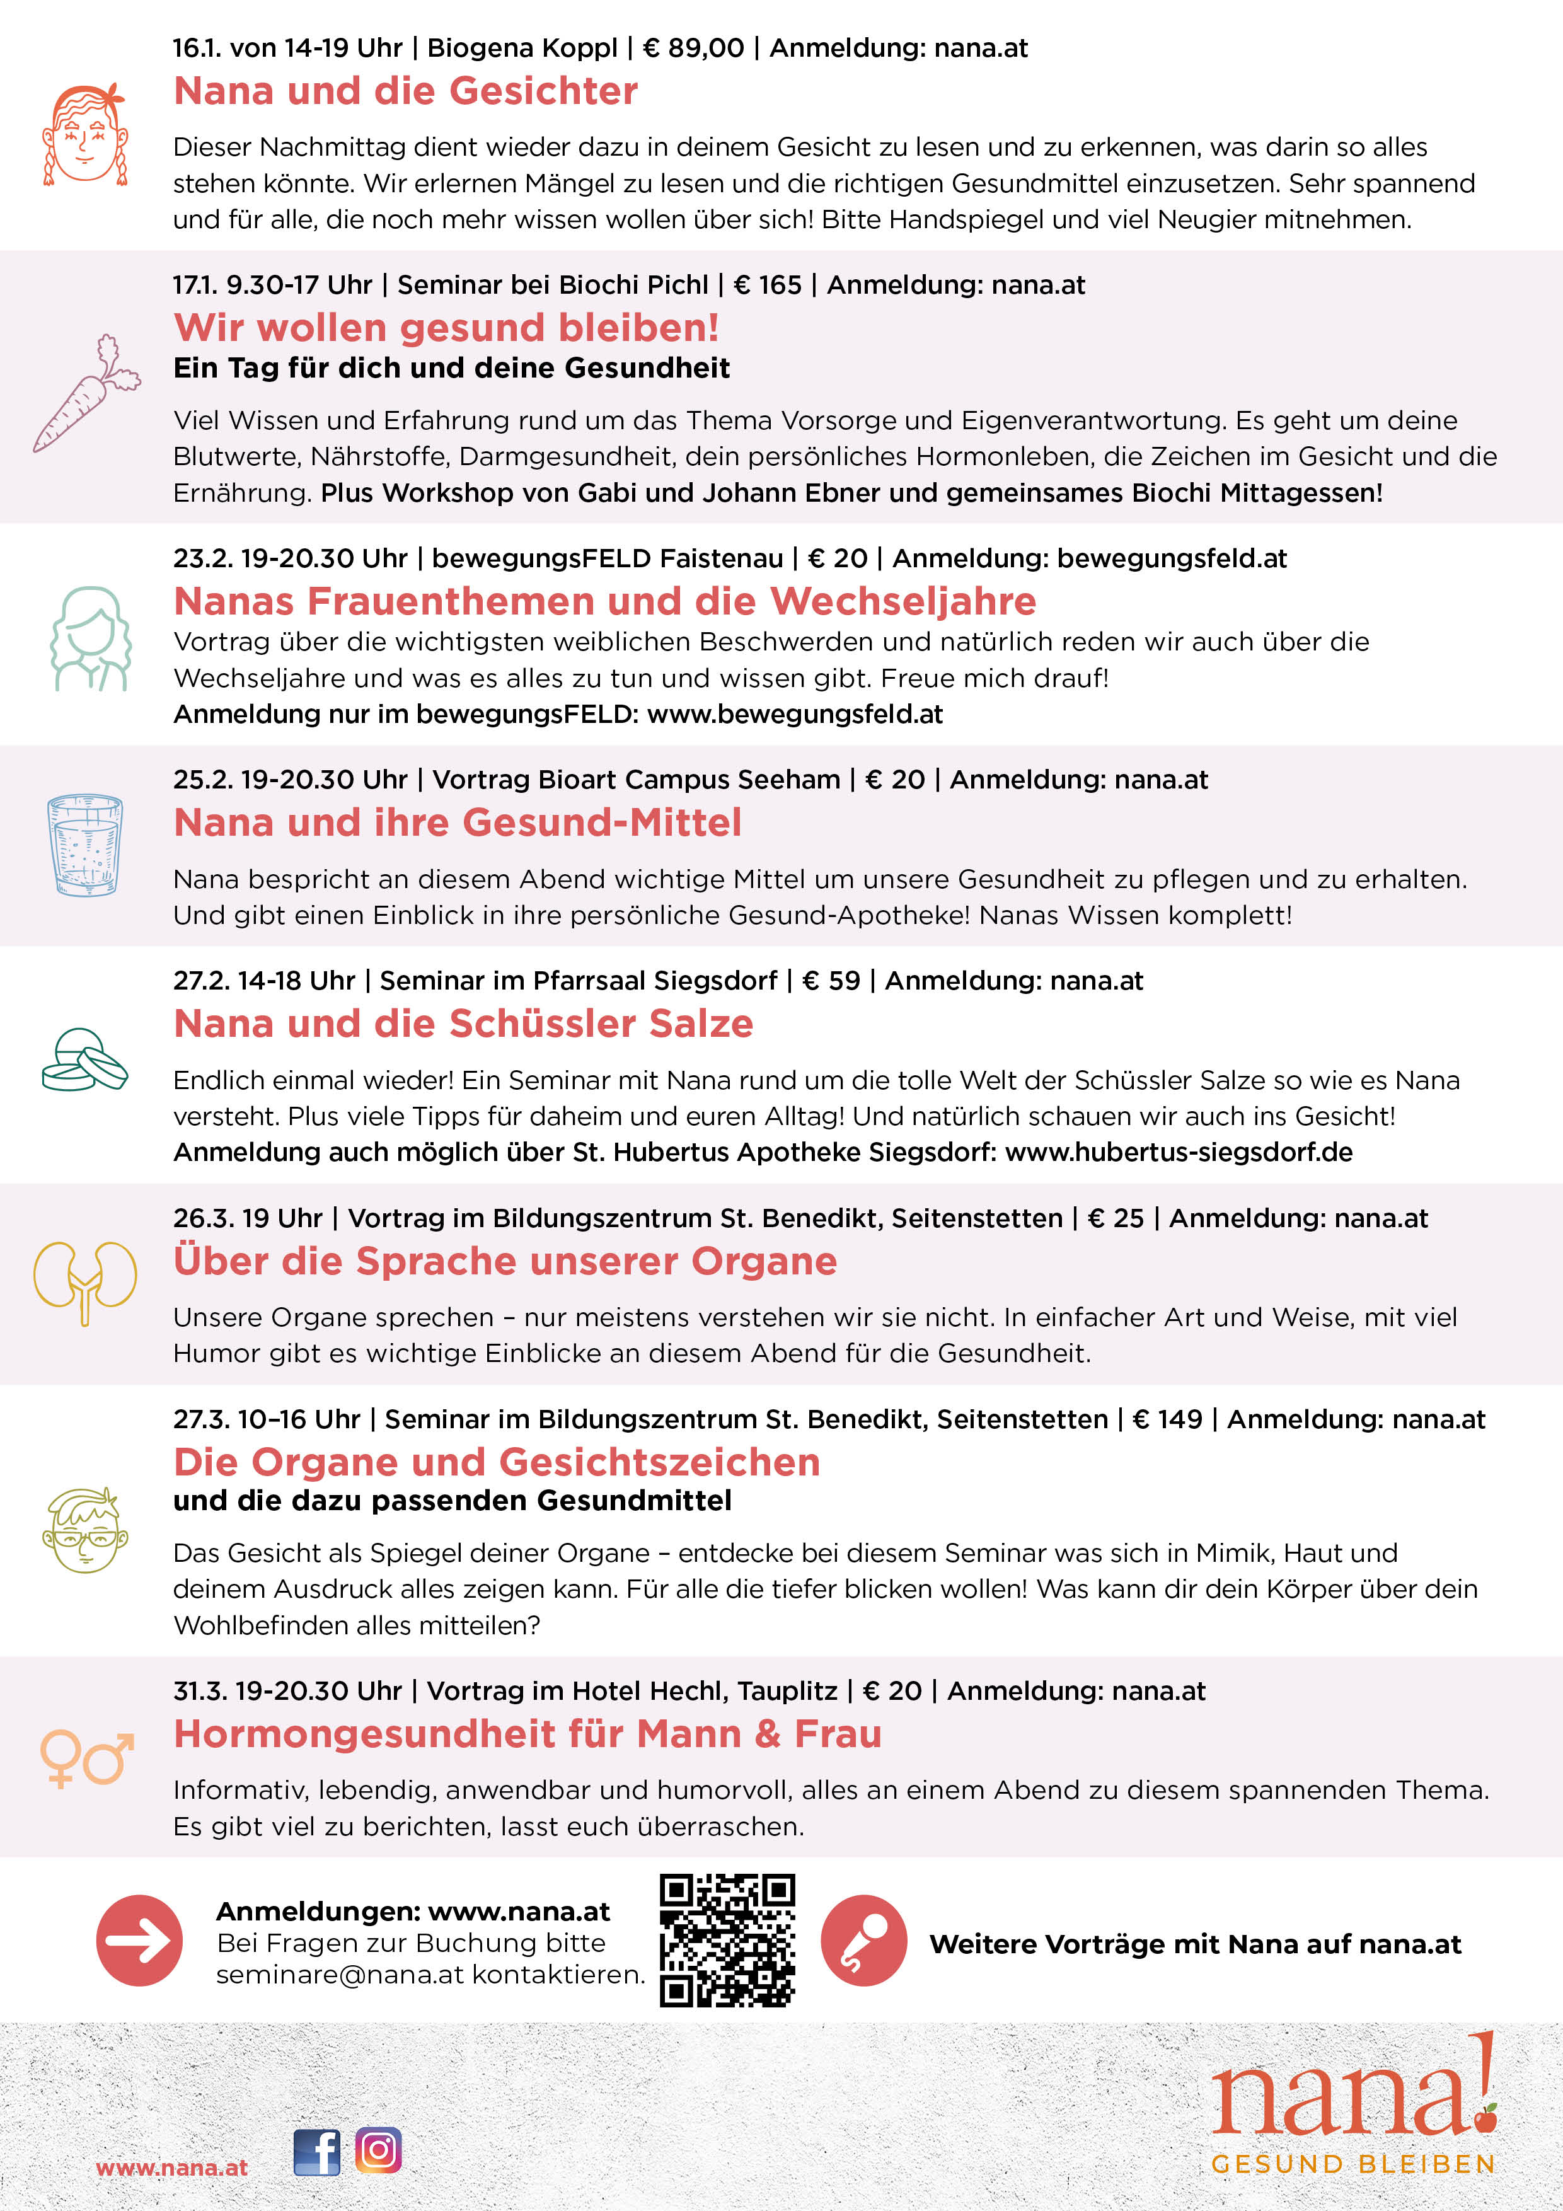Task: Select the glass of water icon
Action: pyautogui.click(x=84, y=845)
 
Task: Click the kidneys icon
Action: pyautogui.click(x=84, y=1280)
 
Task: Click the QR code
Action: pyautogui.click(x=727, y=1939)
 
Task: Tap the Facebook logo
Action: pyautogui.click(x=317, y=2151)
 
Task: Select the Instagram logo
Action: pyautogui.click(x=379, y=2149)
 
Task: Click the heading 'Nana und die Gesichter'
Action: pyautogui.click(x=405, y=91)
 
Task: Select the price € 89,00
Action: pyautogui.click(x=693, y=48)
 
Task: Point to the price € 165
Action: pyautogui.click(x=768, y=285)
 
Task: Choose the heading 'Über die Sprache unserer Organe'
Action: pyautogui.click(x=505, y=1262)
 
